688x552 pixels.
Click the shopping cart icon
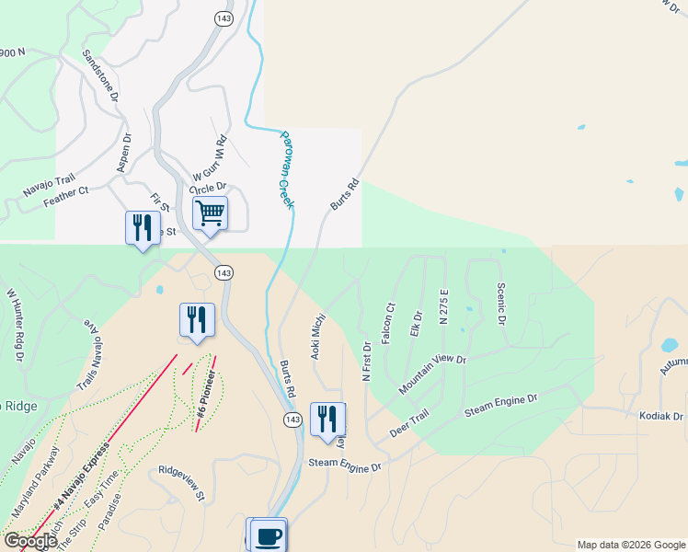point(211,213)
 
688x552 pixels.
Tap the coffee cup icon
point(269,535)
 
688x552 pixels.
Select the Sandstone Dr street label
point(101,75)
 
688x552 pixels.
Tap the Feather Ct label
point(64,196)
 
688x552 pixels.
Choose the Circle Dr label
point(208,189)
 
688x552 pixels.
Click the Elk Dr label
point(416,324)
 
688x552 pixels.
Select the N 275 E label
point(443,307)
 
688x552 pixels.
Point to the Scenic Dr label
point(501,304)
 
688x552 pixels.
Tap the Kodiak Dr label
point(661,417)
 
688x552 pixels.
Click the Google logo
point(30,541)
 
